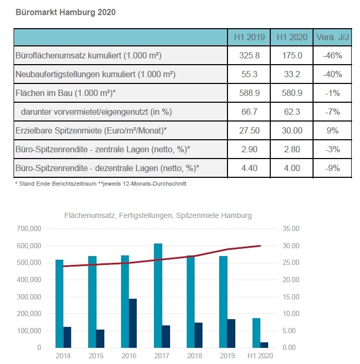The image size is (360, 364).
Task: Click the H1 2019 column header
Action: [x=249, y=37]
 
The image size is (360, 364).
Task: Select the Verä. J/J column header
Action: [x=332, y=37]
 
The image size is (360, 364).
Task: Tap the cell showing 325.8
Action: [x=249, y=55]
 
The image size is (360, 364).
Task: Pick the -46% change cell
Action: [x=332, y=55]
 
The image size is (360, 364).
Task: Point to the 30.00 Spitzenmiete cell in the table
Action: [x=292, y=130]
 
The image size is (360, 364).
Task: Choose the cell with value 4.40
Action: [x=249, y=168]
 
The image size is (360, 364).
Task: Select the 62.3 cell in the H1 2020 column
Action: [x=292, y=112]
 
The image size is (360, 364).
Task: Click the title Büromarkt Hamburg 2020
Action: [x=66, y=12]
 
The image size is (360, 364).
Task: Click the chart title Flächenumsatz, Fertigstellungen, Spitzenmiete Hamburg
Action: [x=158, y=215]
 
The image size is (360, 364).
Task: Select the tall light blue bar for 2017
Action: [x=158, y=296]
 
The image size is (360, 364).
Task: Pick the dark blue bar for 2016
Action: [x=133, y=323]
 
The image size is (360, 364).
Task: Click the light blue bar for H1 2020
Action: [x=256, y=333]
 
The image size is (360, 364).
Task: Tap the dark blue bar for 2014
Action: [x=67, y=337]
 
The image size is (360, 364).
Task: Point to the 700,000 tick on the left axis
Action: [x=29, y=228]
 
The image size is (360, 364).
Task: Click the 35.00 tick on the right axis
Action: [x=291, y=228]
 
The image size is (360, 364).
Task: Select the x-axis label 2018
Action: [x=195, y=356]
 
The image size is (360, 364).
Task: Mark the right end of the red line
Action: [x=260, y=246]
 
